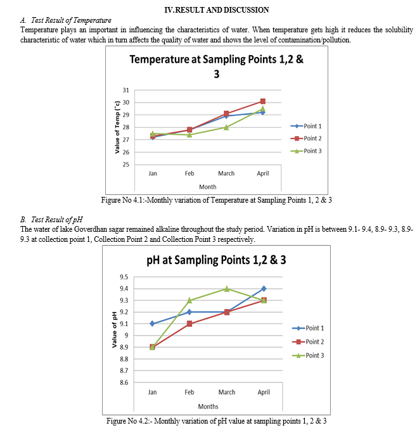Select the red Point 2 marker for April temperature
click(262, 101)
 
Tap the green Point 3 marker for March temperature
click(226, 127)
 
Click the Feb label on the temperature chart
click(189, 173)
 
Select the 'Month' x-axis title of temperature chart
click(207, 187)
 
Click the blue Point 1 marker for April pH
click(264, 289)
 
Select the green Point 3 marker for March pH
click(227, 289)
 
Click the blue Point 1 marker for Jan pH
click(153, 324)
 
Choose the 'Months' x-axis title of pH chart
click(208, 406)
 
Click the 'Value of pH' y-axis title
click(115, 329)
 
